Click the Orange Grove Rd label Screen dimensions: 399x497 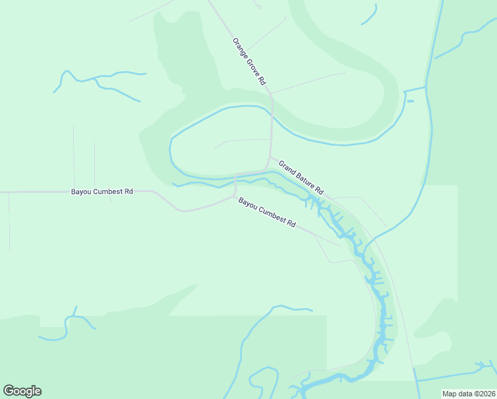[x=249, y=61]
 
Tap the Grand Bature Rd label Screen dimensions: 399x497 [x=301, y=178]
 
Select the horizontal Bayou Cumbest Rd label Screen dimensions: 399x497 [x=102, y=192]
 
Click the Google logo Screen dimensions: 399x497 [x=22, y=391]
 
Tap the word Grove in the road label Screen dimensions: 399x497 [x=253, y=66]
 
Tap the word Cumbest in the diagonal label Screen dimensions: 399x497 [x=272, y=215]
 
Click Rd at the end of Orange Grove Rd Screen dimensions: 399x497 [x=262, y=81]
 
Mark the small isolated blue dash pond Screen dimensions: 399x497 [x=410, y=101]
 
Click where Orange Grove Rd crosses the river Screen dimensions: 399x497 [x=272, y=107]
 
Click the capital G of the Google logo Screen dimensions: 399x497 [x=9, y=390]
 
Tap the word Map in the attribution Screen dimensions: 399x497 [x=449, y=394]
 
